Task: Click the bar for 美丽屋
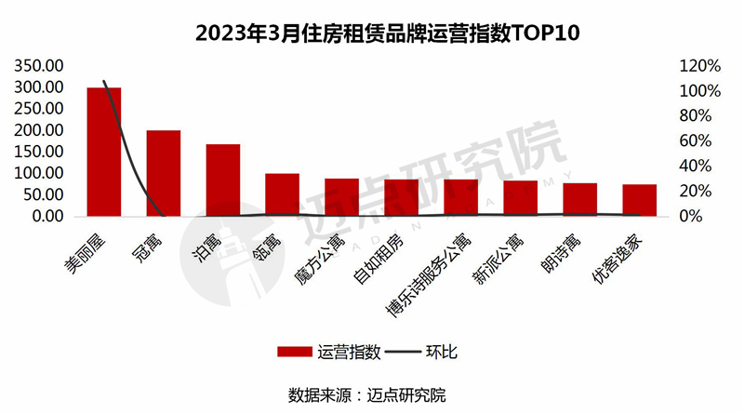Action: (x=103, y=152)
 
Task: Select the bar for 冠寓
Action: (x=163, y=173)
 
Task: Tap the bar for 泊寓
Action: (x=222, y=180)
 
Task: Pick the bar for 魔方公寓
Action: (x=341, y=197)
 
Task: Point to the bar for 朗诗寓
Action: (x=579, y=199)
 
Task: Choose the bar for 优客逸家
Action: (x=639, y=200)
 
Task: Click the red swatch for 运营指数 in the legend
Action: (x=294, y=352)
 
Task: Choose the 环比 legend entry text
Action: (x=441, y=352)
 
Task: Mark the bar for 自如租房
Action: (x=401, y=197)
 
